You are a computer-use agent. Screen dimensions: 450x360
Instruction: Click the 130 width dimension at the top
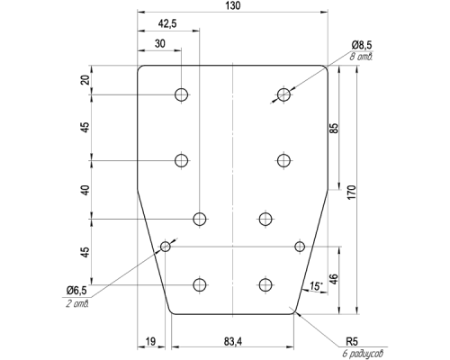(x=234, y=6)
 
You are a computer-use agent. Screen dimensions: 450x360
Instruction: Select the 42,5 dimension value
(x=167, y=23)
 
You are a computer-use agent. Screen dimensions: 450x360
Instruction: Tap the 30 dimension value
(x=160, y=44)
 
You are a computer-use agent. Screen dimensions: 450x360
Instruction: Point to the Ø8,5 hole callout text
(x=362, y=45)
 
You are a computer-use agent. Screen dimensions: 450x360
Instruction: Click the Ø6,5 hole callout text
(x=76, y=290)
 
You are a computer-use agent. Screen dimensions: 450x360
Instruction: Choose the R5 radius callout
(x=352, y=341)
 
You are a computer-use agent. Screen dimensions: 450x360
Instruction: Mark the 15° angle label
(x=316, y=286)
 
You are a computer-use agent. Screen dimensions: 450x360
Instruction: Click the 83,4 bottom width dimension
(x=233, y=341)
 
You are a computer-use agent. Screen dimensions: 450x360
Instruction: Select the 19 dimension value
(x=150, y=341)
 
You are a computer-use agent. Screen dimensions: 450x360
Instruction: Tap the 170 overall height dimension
(x=352, y=193)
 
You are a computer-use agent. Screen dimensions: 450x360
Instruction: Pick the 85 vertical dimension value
(x=334, y=128)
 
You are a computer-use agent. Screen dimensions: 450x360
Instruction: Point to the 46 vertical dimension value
(x=334, y=279)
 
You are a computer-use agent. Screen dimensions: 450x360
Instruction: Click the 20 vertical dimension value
(x=86, y=80)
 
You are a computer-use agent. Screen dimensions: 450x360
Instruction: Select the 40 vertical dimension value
(x=86, y=190)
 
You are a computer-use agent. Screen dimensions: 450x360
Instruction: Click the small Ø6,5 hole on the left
(x=166, y=247)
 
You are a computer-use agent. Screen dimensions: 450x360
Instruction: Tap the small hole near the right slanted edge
(x=300, y=247)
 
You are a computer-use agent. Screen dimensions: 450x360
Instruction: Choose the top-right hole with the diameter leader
(x=283, y=94)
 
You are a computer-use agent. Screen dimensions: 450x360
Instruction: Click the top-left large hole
(x=181, y=94)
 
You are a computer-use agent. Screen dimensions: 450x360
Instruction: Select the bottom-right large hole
(x=265, y=284)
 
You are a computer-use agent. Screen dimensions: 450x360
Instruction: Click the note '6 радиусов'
(x=363, y=354)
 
